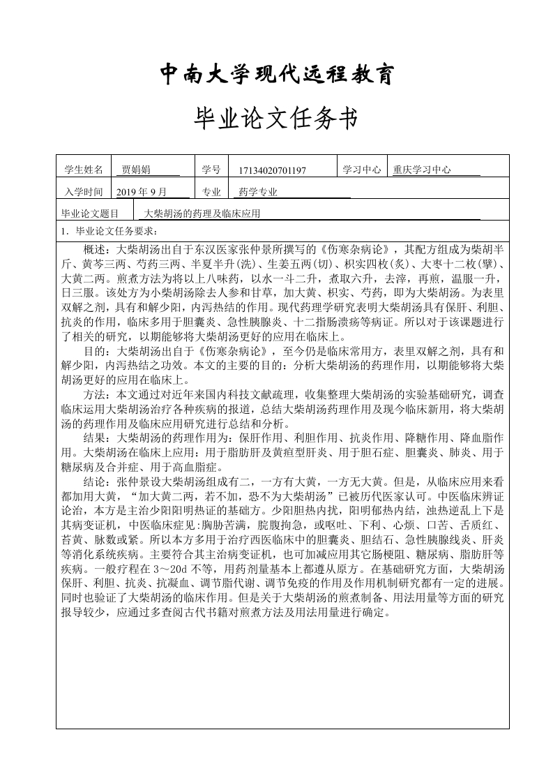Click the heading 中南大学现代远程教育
point(277,73)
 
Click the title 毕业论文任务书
point(277,120)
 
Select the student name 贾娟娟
point(136,170)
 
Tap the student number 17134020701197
point(271,170)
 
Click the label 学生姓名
point(83,170)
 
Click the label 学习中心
point(361,170)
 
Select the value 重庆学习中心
point(422,170)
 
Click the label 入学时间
point(83,192)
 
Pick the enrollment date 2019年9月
point(142,192)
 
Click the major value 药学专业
point(258,192)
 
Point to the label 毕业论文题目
point(91,214)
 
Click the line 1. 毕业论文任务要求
point(109,232)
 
